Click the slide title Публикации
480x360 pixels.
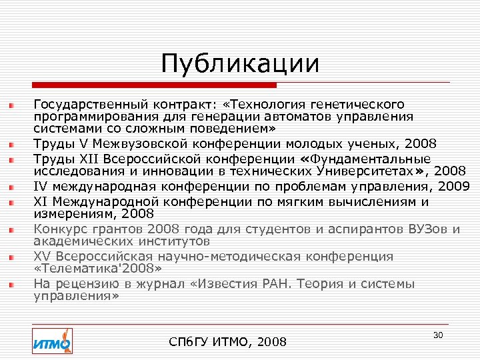click(x=240, y=65)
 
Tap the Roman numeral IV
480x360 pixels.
click(x=41, y=185)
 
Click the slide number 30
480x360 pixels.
click(x=438, y=335)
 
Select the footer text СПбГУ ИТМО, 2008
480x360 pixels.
click(x=229, y=342)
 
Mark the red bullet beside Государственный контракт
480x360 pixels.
click(x=11, y=105)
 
